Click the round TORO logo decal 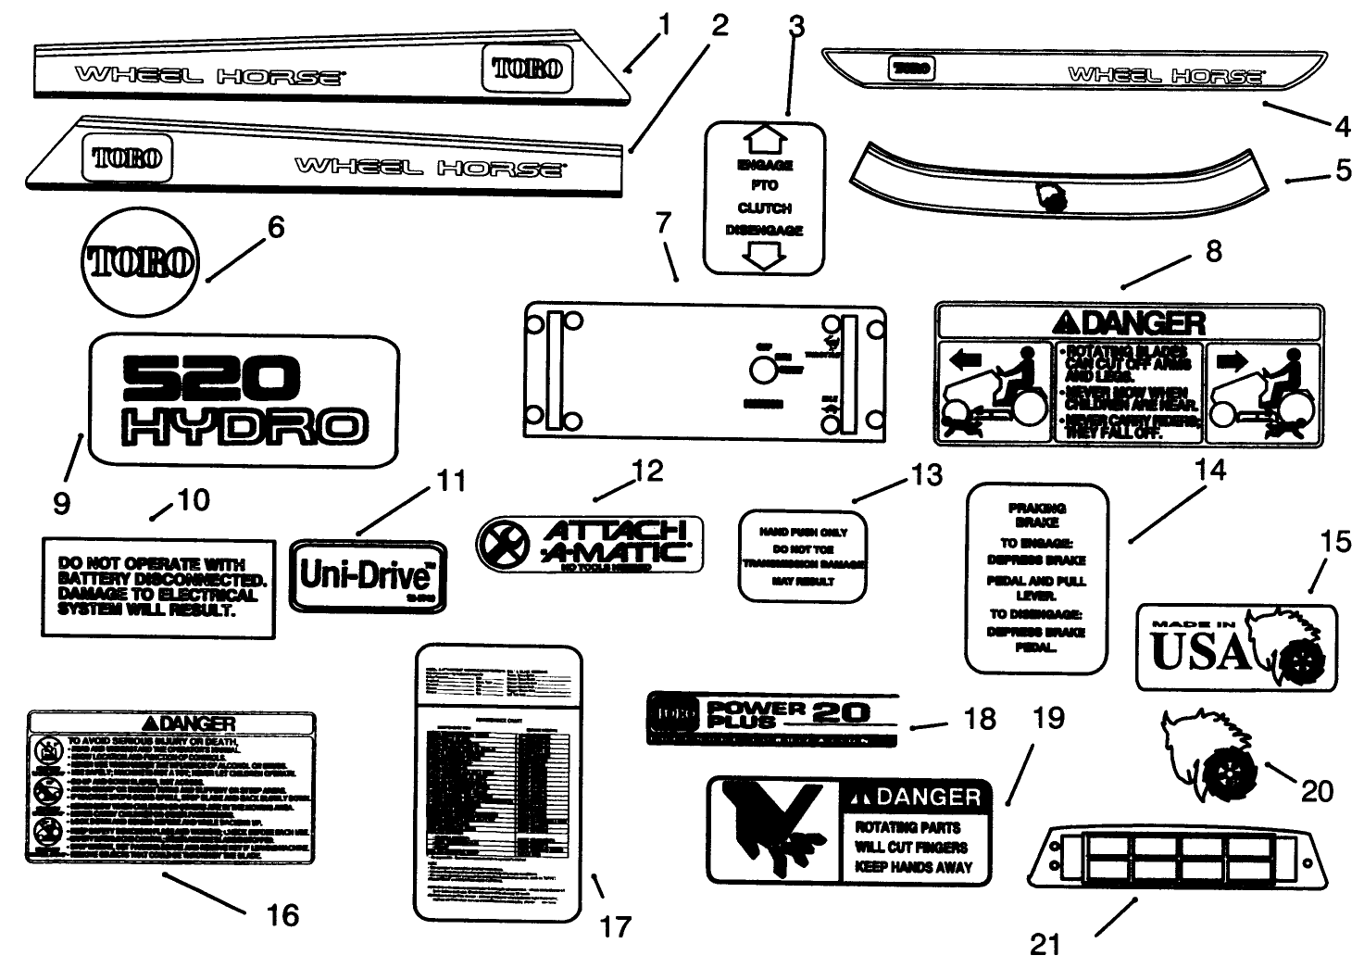point(141,263)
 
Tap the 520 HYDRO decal point(244,400)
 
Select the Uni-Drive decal point(368,575)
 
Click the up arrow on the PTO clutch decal point(765,141)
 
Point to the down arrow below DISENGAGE point(765,257)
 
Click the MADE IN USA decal point(1236,647)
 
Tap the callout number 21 point(1045,944)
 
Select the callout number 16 point(282,915)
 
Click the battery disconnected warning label point(158,588)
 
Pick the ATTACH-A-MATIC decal point(590,544)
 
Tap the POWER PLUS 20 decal point(772,720)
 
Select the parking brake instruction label point(1036,578)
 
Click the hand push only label point(802,556)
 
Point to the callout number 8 point(1213,251)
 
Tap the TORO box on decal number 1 point(527,69)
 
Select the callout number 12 point(647,471)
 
